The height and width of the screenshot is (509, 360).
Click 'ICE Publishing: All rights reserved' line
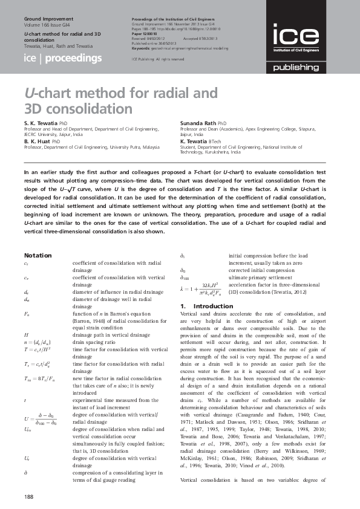[158, 59]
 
